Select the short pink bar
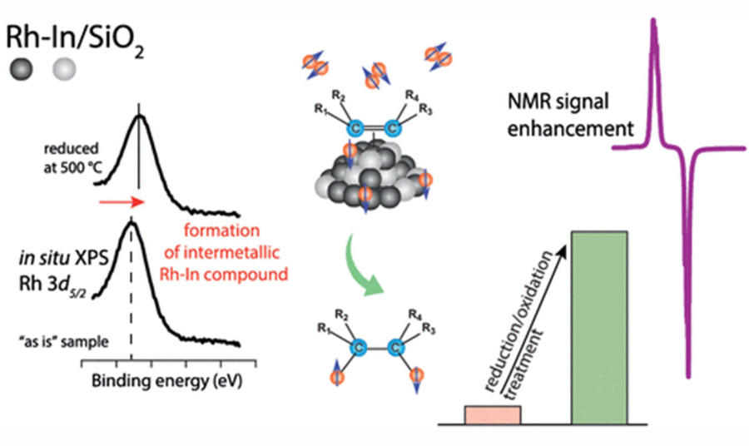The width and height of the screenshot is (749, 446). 492,414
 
